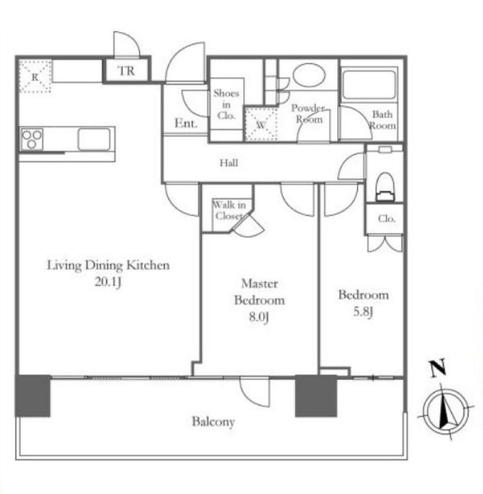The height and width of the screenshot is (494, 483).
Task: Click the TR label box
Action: [127, 70]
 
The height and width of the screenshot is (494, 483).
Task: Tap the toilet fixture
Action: [385, 187]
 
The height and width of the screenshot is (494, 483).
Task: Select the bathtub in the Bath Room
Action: [369, 85]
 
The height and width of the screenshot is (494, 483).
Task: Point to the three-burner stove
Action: [31, 139]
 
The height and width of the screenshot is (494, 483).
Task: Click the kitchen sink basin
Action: [94, 139]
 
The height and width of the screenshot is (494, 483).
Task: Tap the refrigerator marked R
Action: [35, 77]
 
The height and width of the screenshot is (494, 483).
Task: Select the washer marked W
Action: [261, 125]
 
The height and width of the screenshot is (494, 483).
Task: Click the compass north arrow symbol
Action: [445, 411]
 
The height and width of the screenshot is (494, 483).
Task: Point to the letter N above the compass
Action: [437, 367]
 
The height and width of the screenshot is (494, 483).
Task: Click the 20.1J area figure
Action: [107, 282]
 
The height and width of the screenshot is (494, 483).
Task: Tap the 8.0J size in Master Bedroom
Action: [259, 316]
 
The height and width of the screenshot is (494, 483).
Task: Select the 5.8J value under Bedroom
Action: [363, 312]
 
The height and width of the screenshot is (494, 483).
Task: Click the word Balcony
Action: [213, 422]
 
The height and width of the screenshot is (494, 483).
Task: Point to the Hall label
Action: [229, 163]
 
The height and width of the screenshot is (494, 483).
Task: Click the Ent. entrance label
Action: [186, 123]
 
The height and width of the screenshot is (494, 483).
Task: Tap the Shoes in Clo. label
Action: [226, 104]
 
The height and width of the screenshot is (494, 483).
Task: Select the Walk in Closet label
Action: [229, 211]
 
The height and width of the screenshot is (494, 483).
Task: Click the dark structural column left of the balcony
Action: [33, 396]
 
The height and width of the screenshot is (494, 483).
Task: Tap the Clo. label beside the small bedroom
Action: [386, 219]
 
